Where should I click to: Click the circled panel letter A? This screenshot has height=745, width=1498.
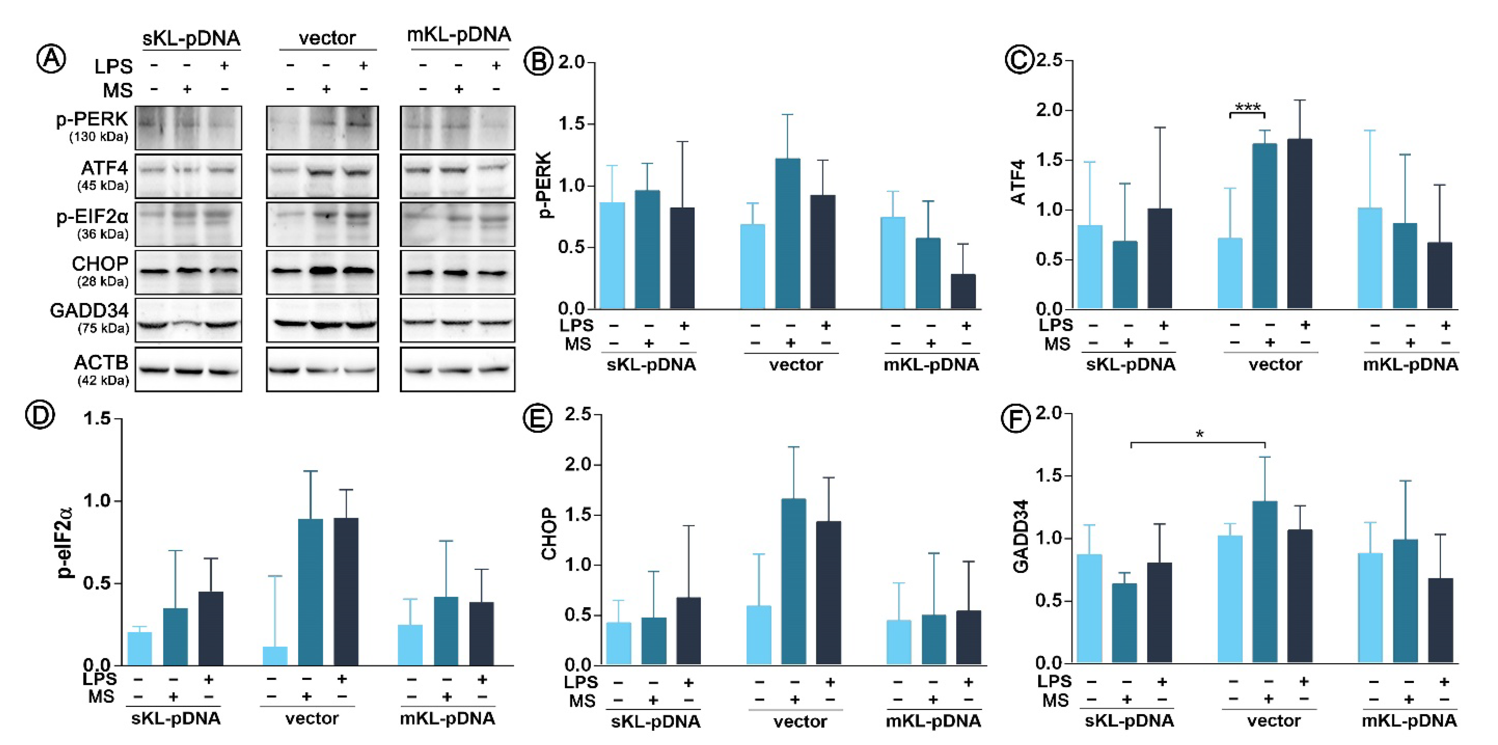pos(51,59)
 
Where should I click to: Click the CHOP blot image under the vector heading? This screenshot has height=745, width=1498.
pos(322,271)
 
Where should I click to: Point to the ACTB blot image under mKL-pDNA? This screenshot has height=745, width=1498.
pos(457,369)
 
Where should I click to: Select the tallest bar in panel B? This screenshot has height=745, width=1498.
pos(787,233)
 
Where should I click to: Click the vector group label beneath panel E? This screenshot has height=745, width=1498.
pos(799,722)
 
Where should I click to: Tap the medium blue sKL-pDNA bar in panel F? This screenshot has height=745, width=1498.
pos(1125,622)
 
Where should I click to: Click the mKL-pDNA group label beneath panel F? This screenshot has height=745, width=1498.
pos(1409,721)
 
